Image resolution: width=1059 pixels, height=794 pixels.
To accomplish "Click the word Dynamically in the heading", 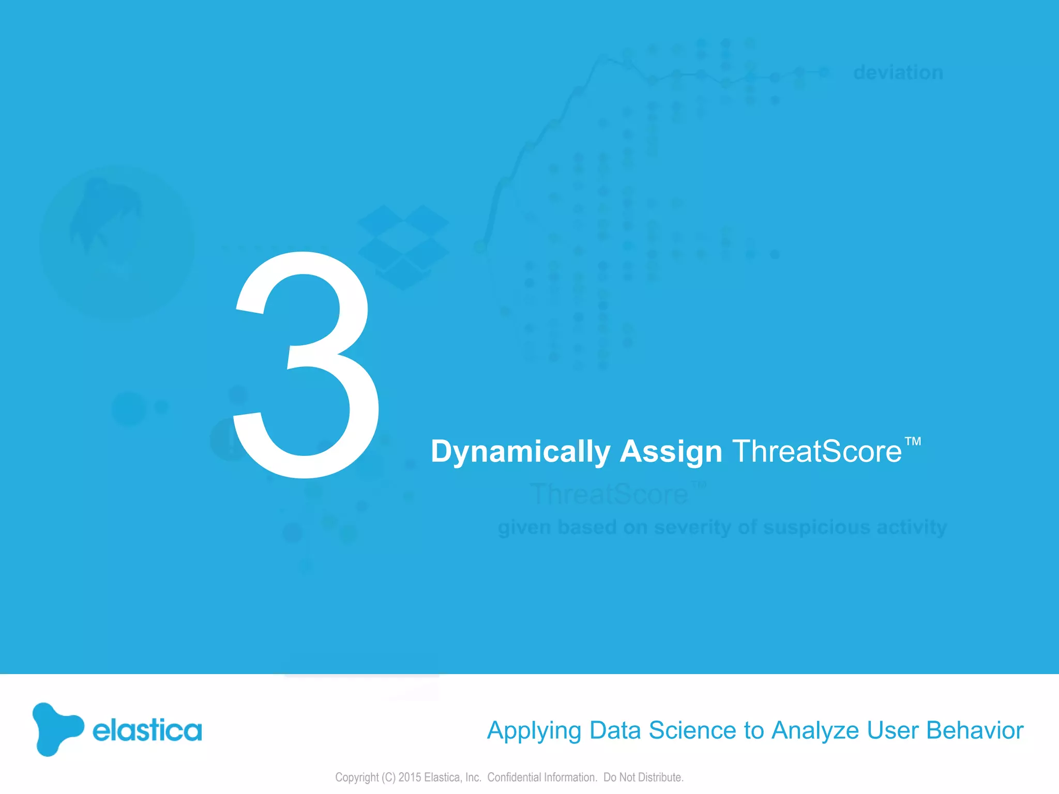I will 520,452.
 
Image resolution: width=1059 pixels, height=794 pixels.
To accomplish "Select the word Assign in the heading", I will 671,452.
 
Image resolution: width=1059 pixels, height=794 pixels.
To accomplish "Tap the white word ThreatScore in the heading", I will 817,451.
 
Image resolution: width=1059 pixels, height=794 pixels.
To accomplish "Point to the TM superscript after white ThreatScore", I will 913,441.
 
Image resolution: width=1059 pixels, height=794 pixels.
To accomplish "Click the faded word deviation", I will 898,72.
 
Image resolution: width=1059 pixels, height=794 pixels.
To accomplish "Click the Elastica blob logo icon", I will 56,729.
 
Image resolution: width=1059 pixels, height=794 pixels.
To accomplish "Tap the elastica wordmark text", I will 147,730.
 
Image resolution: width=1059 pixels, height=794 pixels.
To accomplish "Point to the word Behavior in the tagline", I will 975,730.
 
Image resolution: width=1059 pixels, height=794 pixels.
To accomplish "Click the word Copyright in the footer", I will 357,777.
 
